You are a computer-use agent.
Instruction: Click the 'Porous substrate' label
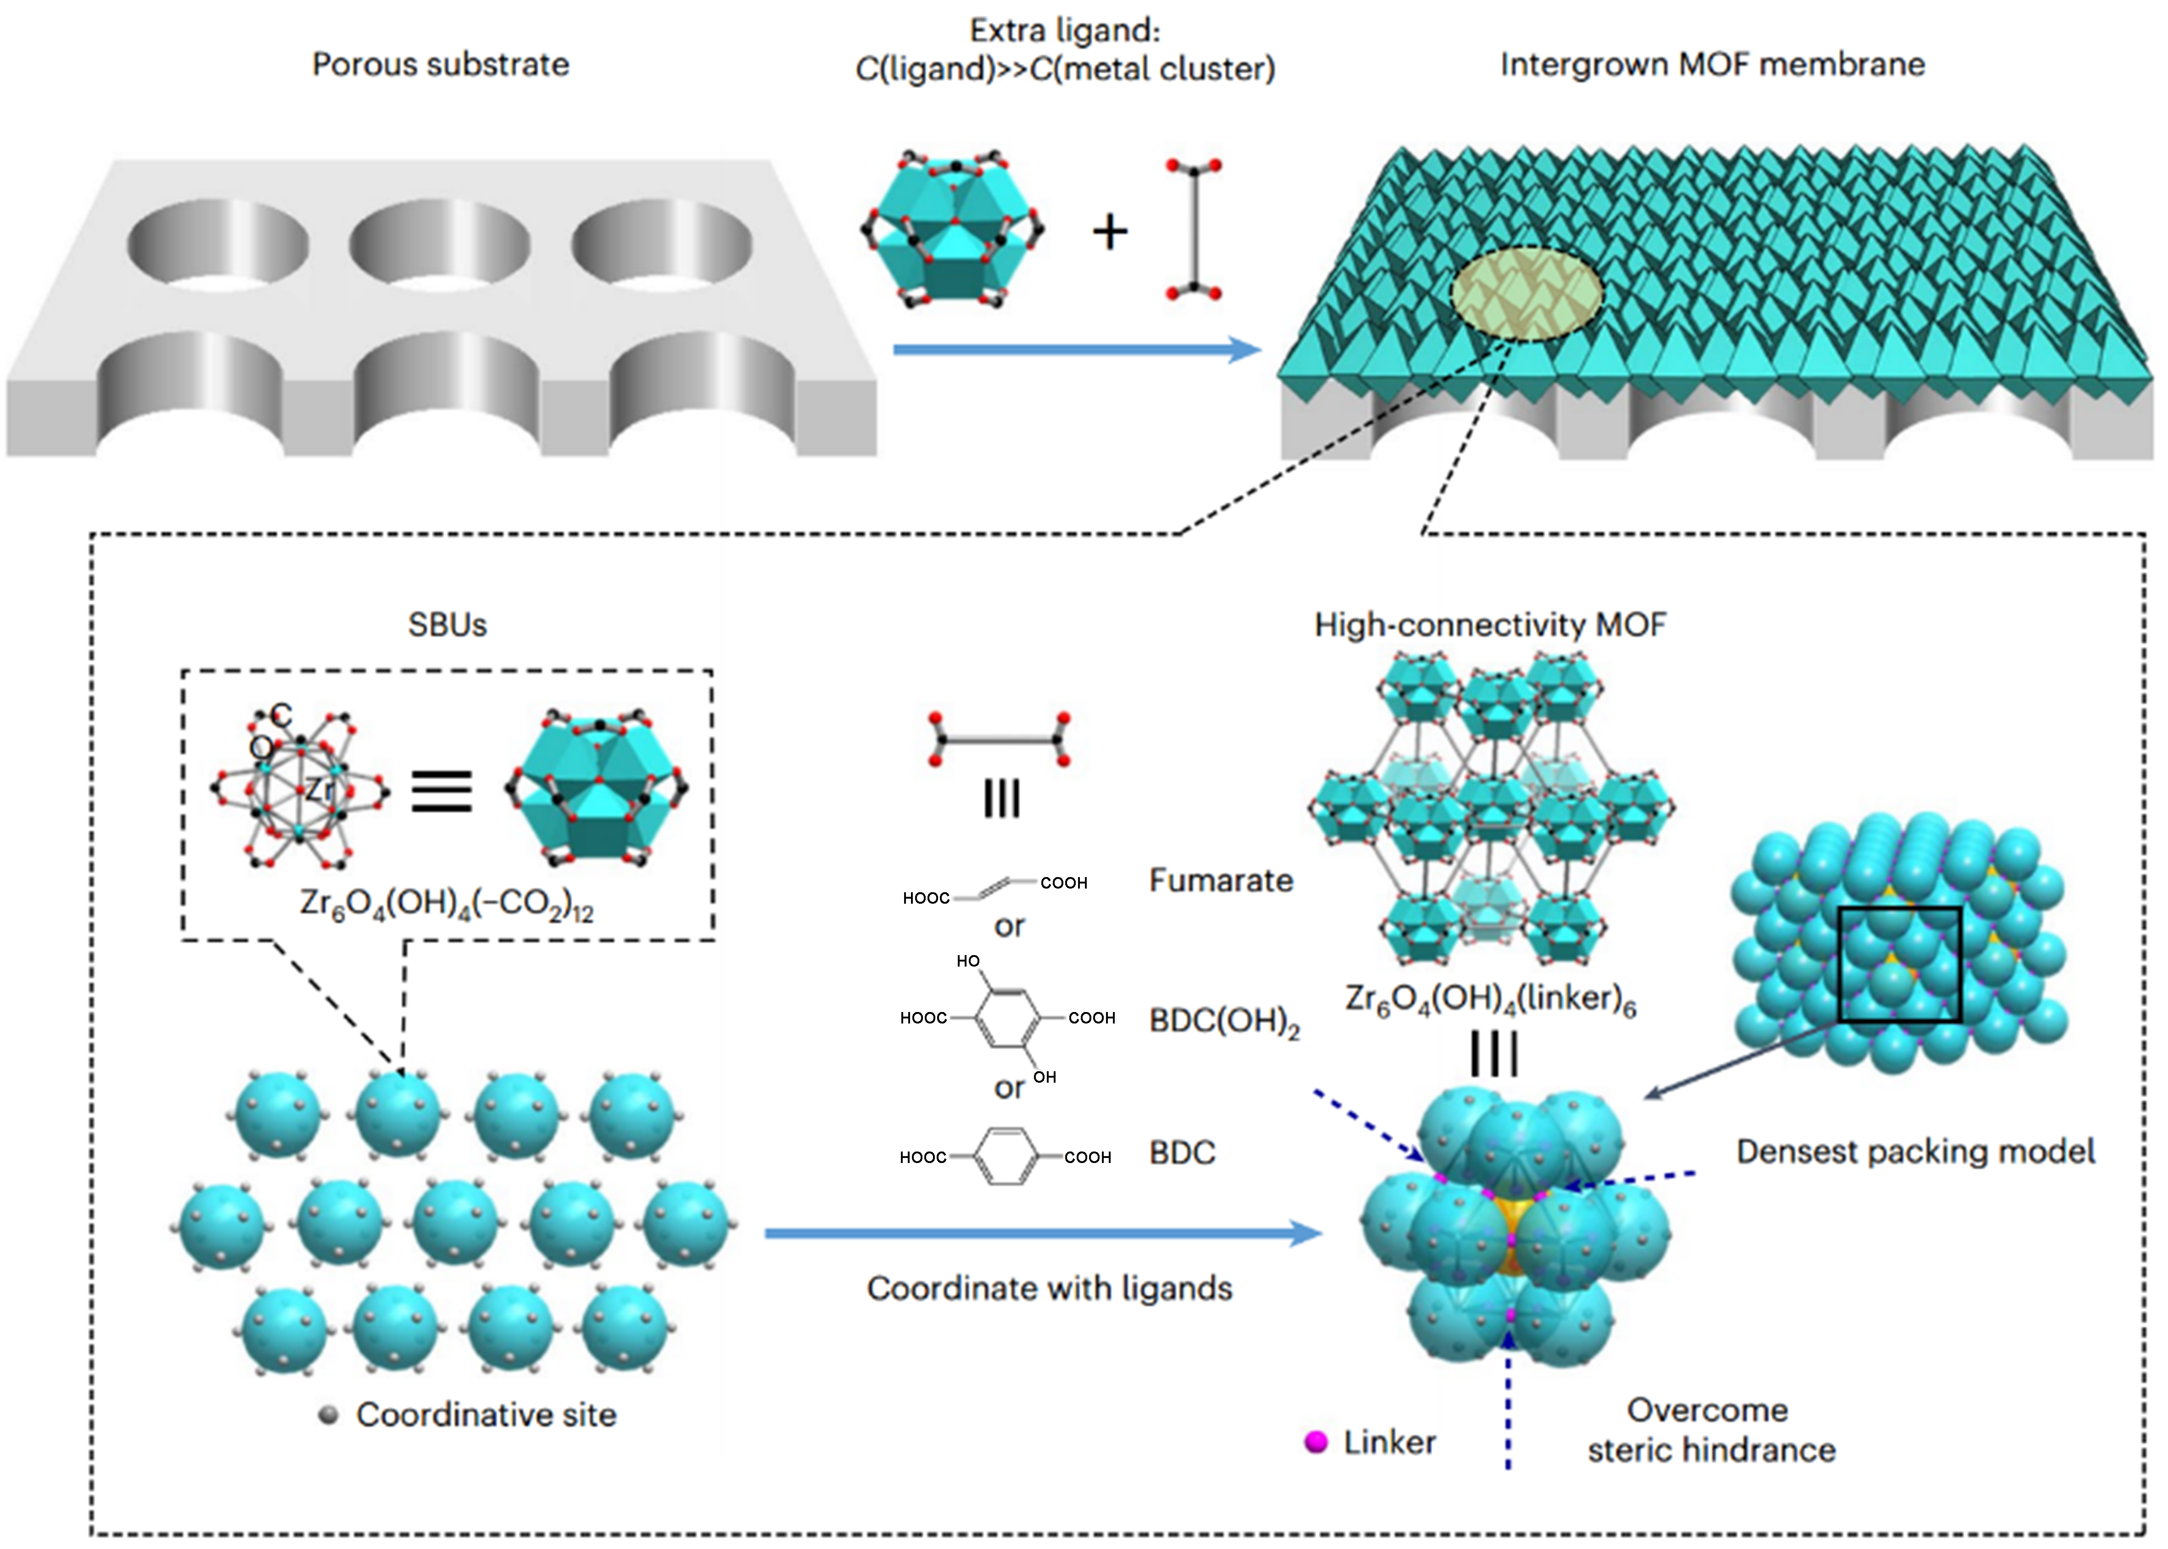[441, 65]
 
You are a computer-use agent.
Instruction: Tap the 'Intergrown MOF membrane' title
[1712, 65]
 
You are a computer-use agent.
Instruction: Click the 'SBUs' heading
[447, 625]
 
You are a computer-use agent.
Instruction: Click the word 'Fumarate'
[1221, 879]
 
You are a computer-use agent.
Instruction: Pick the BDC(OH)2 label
[1224, 1022]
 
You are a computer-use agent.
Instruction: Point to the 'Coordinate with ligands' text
[1049, 1289]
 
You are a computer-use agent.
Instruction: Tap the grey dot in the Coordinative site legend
[329, 1415]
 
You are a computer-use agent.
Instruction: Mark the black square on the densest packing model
[1899, 964]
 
